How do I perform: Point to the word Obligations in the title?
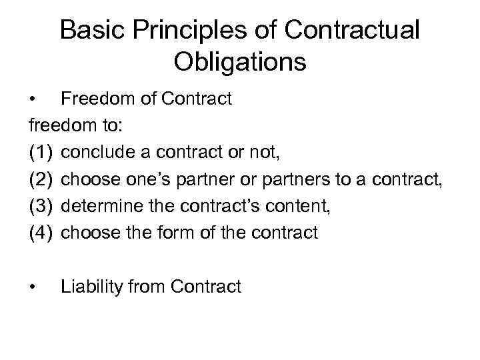(x=240, y=61)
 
